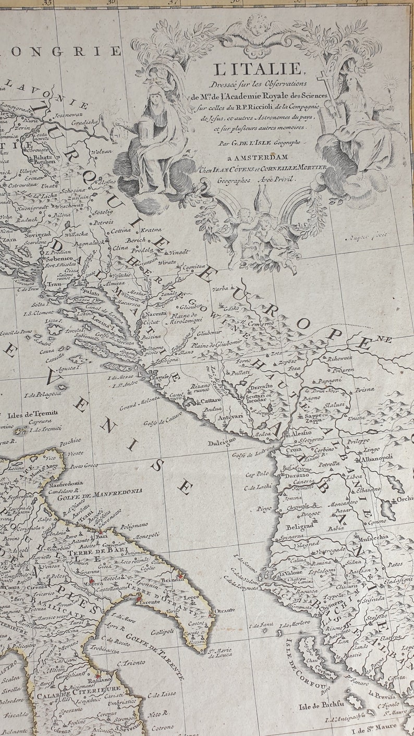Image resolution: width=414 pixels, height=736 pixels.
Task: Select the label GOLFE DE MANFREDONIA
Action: pyautogui.click(x=100, y=492)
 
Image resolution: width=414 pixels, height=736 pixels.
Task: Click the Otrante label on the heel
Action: pyautogui.click(x=225, y=610)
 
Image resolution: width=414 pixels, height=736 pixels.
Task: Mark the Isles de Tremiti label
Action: pyautogui.click(x=32, y=414)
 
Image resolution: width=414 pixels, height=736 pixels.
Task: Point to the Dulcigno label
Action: pyautogui.click(x=223, y=439)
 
